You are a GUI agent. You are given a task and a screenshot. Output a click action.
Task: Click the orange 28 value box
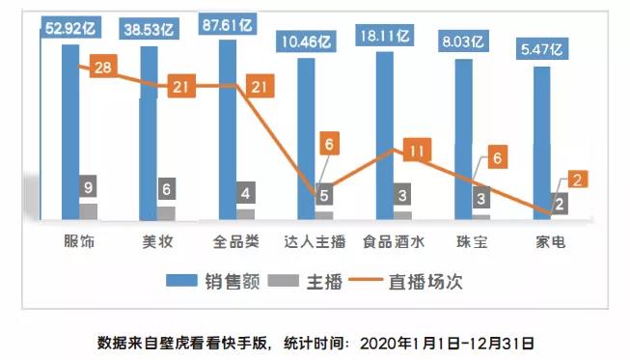click(106, 66)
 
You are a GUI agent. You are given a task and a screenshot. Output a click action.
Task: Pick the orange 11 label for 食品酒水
click(415, 152)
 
